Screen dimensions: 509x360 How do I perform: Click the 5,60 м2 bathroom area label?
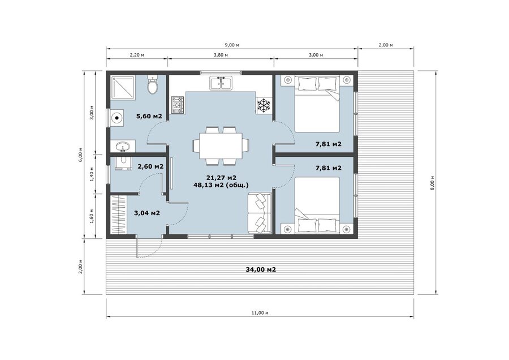tap(149, 116)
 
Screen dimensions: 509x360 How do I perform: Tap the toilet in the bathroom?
tap(152, 84)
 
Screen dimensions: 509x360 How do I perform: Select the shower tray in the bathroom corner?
tap(123, 87)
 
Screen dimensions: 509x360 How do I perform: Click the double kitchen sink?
tap(221, 83)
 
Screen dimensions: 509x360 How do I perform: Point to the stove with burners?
tap(178, 105)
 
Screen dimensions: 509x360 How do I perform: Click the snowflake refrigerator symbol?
tap(264, 105)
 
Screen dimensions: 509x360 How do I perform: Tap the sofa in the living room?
tap(260, 213)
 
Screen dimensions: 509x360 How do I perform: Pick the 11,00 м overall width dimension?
tap(260, 313)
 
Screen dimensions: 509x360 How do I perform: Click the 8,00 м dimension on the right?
tap(432, 183)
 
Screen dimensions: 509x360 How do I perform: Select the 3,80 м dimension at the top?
tap(221, 55)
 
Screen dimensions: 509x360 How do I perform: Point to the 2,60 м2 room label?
tap(150, 166)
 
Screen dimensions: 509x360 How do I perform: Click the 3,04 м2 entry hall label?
tap(146, 213)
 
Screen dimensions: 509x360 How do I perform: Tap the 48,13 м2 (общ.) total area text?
tap(221, 185)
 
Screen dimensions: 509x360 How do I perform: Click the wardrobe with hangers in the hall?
tap(119, 214)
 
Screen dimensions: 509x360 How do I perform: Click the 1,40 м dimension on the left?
tap(92, 174)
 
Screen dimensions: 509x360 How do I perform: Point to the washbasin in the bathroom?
tap(123, 146)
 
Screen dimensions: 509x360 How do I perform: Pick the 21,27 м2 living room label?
tap(221, 178)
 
